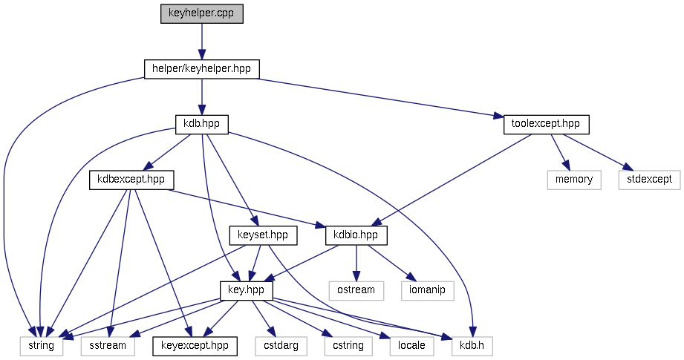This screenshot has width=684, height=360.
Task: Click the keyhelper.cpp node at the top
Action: point(202,13)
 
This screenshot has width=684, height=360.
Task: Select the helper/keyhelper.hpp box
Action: point(201,69)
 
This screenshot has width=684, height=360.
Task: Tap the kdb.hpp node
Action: point(201,124)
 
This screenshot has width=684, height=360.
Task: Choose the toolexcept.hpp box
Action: point(546,124)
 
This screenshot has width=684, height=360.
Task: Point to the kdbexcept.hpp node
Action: point(131,180)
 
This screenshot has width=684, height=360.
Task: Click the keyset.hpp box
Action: point(263,235)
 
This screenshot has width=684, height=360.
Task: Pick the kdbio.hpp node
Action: point(357,235)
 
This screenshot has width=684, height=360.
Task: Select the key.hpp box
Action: point(247,290)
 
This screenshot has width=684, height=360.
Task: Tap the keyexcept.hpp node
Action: point(195,346)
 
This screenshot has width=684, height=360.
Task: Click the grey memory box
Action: point(574,180)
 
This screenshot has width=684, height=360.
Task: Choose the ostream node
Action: point(356,290)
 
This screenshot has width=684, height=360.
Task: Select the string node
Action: point(42,346)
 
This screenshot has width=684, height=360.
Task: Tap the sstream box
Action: point(108,346)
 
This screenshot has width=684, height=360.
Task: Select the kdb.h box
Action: point(469,346)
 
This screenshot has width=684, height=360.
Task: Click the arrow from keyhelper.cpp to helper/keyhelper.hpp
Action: point(201,42)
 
